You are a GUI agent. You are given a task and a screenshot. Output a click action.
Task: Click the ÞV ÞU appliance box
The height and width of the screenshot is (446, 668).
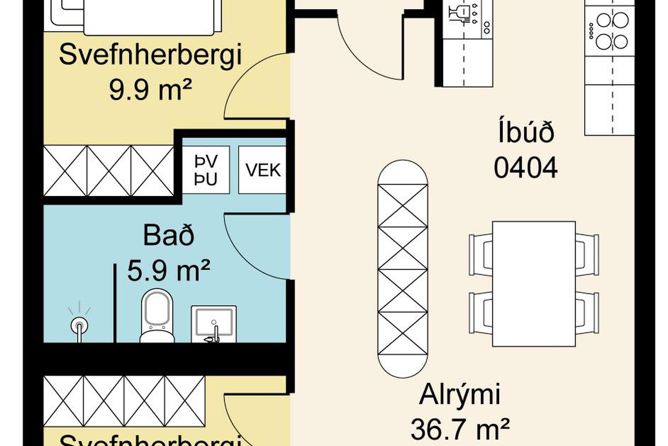tap(206, 170)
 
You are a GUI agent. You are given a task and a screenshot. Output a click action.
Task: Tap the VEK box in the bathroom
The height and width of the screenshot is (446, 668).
tap(263, 170)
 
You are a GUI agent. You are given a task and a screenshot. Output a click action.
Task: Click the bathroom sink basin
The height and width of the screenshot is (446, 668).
tap(214, 324)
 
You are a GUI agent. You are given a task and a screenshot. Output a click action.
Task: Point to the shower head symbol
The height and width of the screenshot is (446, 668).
tap(79, 326)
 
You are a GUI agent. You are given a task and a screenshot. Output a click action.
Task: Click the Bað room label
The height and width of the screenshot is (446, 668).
tap(169, 236)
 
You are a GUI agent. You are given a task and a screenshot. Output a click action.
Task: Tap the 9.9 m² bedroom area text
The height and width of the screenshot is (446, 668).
tap(151, 89)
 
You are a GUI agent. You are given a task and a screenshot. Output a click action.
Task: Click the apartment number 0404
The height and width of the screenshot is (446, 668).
tap(525, 168)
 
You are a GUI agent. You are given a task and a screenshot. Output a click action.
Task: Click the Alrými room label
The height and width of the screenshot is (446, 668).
tap(460, 395)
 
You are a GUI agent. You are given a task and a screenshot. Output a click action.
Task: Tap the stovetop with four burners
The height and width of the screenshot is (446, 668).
tap(612, 31)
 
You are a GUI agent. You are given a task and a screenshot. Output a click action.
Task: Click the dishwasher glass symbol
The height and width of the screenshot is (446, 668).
tap(458, 14)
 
